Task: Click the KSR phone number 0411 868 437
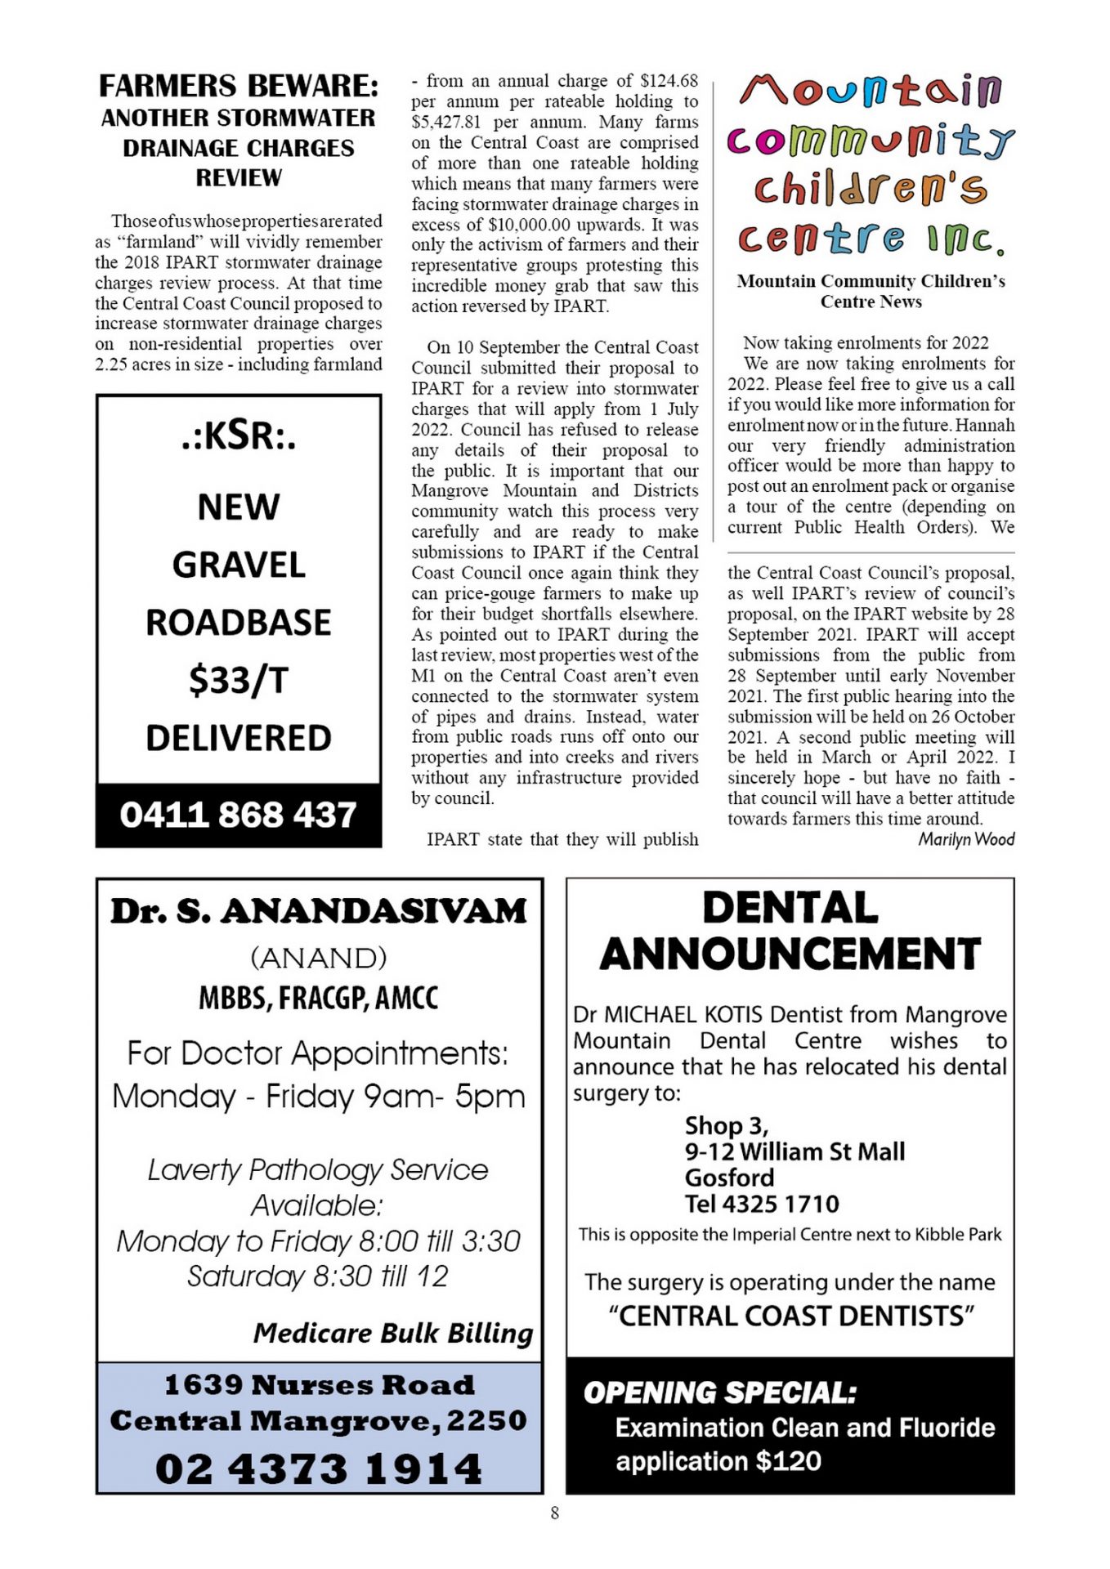[x=238, y=815]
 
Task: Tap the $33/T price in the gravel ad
[x=238, y=680]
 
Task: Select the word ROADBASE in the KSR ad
[x=238, y=623]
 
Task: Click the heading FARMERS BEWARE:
[x=238, y=86]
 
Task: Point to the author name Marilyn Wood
[x=965, y=839]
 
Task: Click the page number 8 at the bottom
[x=555, y=1513]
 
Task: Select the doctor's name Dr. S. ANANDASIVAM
[x=319, y=911]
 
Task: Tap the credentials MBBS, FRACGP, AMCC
[x=319, y=998]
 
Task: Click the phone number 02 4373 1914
[x=319, y=1468]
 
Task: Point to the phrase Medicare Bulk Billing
[x=392, y=1333]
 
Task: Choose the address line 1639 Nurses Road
[x=319, y=1385]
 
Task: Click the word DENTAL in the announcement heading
[x=790, y=909]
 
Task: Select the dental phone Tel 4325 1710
[x=762, y=1204]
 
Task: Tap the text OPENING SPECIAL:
[x=719, y=1393]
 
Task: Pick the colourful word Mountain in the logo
[x=871, y=90]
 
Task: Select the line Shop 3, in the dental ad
[x=726, y=1126]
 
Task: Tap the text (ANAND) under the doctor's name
[x=319, y=957]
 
